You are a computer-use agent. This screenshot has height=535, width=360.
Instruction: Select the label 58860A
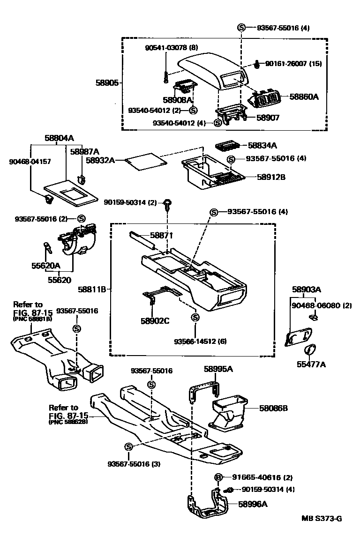tap(304, 97)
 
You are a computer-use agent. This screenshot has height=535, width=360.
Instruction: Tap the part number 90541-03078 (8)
tap(171, 48)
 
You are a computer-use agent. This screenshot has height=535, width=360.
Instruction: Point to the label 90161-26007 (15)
tap(293, 63)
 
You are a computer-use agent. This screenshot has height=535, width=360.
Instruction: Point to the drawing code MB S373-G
tap(321, 518)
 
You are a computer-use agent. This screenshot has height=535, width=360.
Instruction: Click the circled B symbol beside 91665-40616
tap(218, 477)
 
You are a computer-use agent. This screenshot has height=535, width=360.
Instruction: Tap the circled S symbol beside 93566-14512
tap(194, 317)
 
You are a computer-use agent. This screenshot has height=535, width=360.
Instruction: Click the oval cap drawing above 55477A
tap(309, 349)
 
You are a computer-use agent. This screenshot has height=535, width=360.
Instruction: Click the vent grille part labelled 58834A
tap(229, 146)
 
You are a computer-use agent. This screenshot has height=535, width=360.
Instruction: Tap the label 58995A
tap(218, 369)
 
